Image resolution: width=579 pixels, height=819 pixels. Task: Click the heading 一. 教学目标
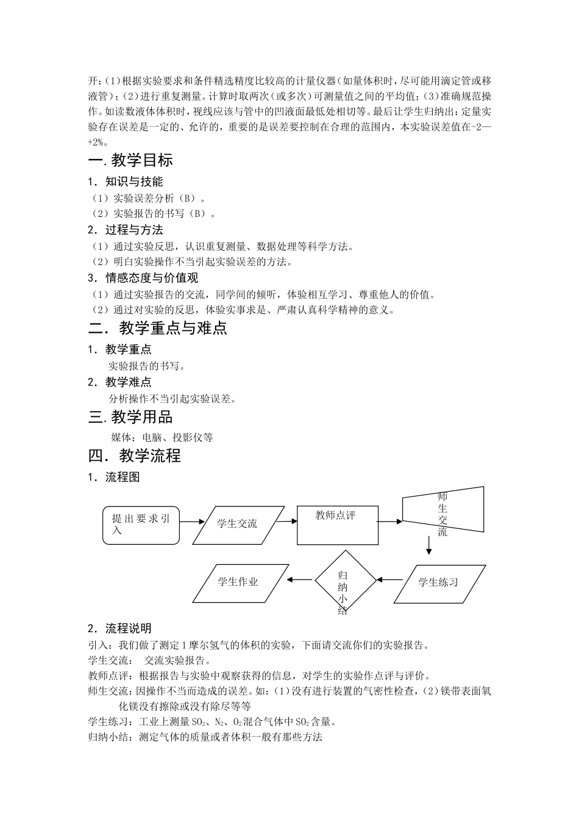pyautogui.click(x=130, y=160)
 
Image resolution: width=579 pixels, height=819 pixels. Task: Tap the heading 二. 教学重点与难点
pyautogui.click(x=157, y=328)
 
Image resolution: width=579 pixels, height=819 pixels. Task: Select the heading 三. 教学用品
pyautogui.click(x=130, y=417)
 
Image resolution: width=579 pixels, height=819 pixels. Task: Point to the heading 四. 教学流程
pyautogui.click(x=135, y=456)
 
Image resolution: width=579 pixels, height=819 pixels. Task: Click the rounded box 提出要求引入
pyautogui.click(x=141, y=525)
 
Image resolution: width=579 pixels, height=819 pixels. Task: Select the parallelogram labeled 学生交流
pyautogui.click(x=237, y=523)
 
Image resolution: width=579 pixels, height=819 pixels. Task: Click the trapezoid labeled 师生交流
pyautogui.click(x=442, y=513)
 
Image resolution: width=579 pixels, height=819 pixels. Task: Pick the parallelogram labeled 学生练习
pyautogui.click(x=438, y=583)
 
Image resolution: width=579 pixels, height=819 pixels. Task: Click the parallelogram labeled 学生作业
pyautogui.click(x=238, y=582)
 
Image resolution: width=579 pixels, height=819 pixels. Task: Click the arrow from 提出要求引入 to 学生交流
pyautogui.click(x=191, y=522)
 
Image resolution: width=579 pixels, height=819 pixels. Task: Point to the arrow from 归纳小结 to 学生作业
pyautogui.click(x=300, y=580)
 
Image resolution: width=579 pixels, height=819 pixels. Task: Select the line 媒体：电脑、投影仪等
pyautogui.click(x=162, y=437)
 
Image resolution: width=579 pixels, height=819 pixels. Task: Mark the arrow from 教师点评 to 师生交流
pyautogui.click(x=389, y=521)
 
